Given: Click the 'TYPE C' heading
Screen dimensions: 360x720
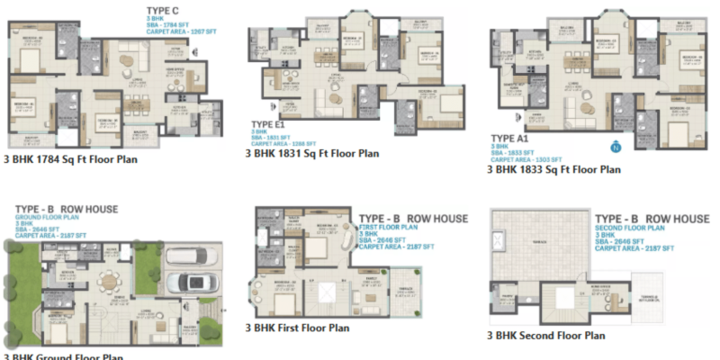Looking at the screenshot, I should point(163,10).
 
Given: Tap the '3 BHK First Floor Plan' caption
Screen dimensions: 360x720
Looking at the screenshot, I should point(301,328).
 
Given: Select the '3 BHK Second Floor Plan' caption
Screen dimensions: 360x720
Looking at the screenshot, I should point(546,335).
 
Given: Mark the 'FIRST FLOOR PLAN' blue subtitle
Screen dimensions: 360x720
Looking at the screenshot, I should point(391,229).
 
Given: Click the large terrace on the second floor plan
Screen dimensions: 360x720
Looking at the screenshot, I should point(540,247).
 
